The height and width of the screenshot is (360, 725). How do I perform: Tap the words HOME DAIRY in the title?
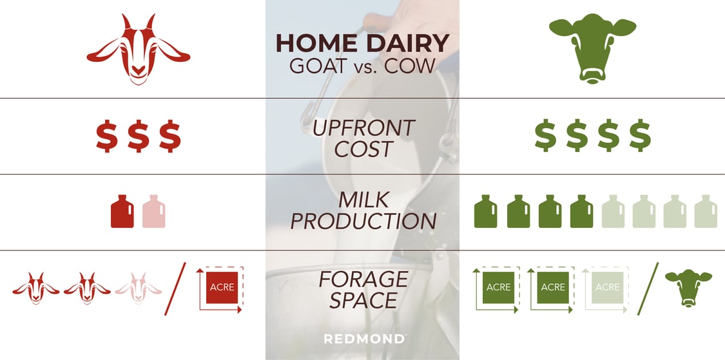click(362, 43)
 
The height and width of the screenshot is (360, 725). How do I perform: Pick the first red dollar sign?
click(107, 136)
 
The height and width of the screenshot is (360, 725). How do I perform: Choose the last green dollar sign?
click(639, 136)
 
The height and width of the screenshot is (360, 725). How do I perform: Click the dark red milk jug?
click(122, 211)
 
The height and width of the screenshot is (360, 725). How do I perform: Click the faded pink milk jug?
click(154, 211)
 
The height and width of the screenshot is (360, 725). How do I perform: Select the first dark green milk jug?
click(486, 211)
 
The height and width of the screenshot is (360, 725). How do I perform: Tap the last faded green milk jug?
click(706, 211)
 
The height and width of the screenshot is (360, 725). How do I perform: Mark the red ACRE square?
click(222, 288)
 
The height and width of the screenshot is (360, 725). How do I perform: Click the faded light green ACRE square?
click(607, 287)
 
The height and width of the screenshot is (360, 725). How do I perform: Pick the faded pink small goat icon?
click(138, 287)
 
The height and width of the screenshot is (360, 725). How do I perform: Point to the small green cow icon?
click(688, 287)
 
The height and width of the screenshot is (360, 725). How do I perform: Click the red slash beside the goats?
click(175, 289)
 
